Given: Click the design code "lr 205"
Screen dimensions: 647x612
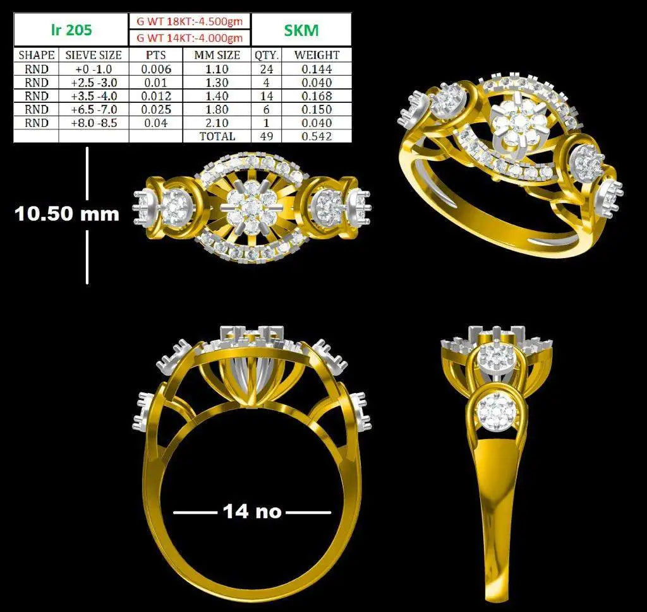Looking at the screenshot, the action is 71,30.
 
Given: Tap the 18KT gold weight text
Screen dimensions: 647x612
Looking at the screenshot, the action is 190,21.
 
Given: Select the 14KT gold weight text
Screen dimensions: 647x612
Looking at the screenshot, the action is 190,38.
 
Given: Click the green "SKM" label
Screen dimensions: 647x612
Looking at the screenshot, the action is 301,30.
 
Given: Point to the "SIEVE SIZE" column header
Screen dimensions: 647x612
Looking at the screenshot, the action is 94,55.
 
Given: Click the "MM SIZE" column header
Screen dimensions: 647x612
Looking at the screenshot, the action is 217,55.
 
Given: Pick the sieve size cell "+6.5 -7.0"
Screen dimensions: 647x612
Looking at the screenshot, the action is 94,110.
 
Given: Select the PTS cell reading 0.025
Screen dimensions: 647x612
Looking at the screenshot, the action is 156,110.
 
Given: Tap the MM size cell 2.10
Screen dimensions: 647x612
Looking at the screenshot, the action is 217,123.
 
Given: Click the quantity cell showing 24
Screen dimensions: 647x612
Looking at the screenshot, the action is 267,69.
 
